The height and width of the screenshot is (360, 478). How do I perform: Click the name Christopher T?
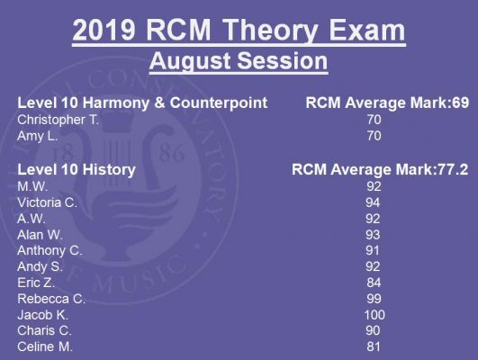coord(59,120)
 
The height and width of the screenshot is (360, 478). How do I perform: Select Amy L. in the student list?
coord(38,136)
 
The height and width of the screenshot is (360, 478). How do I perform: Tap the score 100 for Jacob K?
coord(374,315)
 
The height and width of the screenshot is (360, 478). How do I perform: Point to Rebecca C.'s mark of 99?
coord(374,299)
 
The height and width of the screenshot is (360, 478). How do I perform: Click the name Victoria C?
coord(47,202)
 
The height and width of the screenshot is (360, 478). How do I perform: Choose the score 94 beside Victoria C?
coord(373,202)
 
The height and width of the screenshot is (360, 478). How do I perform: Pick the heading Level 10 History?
coord(77,169)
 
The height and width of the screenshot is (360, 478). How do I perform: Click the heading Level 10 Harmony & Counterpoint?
coord(142,103)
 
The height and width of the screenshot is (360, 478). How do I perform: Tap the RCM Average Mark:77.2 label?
coord(380,169)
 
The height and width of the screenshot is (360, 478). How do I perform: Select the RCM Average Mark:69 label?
coord(387,103)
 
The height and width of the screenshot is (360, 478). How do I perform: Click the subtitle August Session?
coord(239,61)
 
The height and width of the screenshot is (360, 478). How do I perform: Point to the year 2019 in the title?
coord(104,30)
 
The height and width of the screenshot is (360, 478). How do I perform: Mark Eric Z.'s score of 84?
coord(374,283)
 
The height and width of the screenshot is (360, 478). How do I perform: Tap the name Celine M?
coord(45,346)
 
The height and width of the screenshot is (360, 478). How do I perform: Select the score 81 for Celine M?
coord(374,346)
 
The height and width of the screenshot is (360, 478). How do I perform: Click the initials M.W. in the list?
coord(32,186)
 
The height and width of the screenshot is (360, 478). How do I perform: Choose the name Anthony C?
coord(50,251)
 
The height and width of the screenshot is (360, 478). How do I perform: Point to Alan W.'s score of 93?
coord(373,235)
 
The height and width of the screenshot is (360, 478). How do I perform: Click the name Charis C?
coord(44,330)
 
